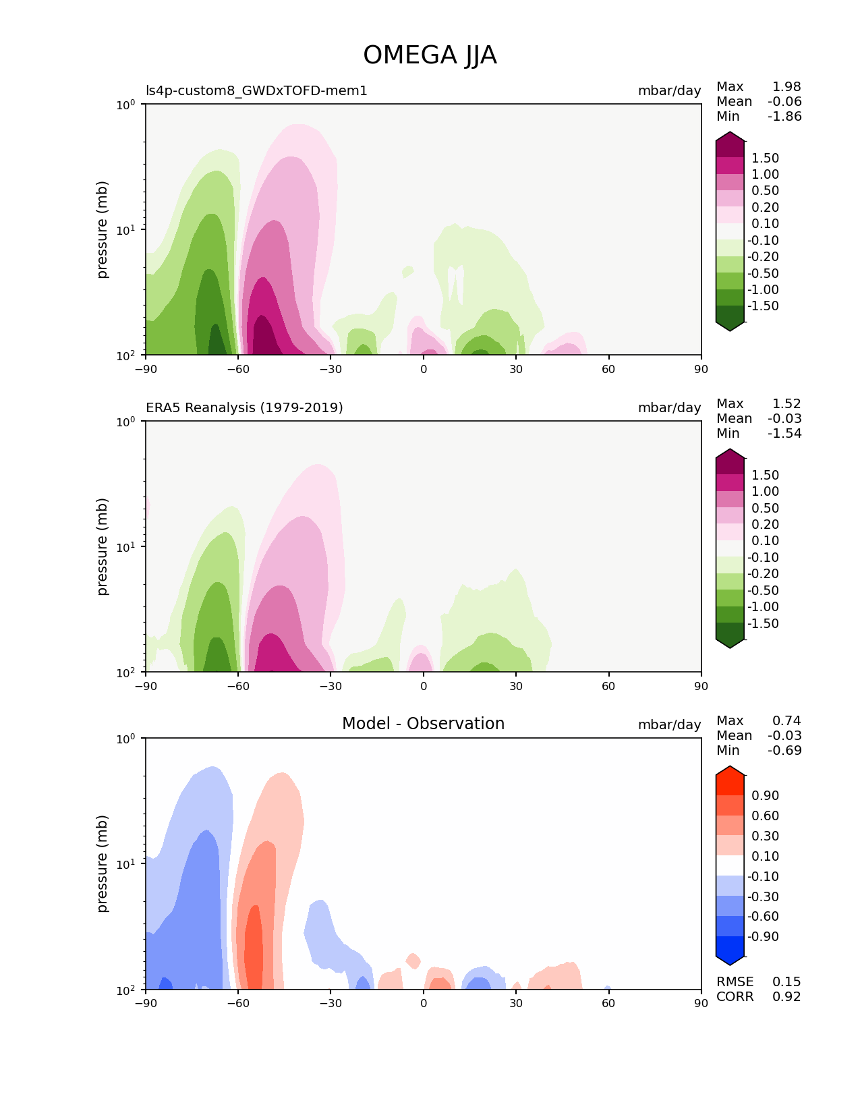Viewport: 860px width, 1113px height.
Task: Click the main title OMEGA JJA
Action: point(430,55)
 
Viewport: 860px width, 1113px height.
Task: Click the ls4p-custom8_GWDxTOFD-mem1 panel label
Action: point(256,90)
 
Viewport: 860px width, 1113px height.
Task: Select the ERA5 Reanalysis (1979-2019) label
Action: point(244,407)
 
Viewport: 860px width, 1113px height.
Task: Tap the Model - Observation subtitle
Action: point(423,724)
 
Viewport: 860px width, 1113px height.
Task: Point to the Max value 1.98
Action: point(786,86)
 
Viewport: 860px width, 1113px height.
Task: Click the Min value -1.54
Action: point(784,434)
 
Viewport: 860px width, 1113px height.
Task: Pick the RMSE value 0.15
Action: point(786,982)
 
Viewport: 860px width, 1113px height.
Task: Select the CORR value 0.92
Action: point(786,997)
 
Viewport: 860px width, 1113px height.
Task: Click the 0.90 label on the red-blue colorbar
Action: point(765,796)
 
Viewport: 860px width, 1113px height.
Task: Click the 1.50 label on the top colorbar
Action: point(765,159)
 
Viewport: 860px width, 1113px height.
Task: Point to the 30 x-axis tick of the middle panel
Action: point(516,686)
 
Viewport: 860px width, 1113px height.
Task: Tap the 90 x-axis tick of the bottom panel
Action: point(701,1003)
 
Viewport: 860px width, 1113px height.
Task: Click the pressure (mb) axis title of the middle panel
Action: point(103,546)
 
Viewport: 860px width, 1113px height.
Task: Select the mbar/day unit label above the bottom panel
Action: point(669,724)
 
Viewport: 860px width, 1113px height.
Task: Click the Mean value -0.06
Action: point(784,102)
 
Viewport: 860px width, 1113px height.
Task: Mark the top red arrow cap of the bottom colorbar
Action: point(730,772)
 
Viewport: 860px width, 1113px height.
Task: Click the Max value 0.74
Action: point(786,721)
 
